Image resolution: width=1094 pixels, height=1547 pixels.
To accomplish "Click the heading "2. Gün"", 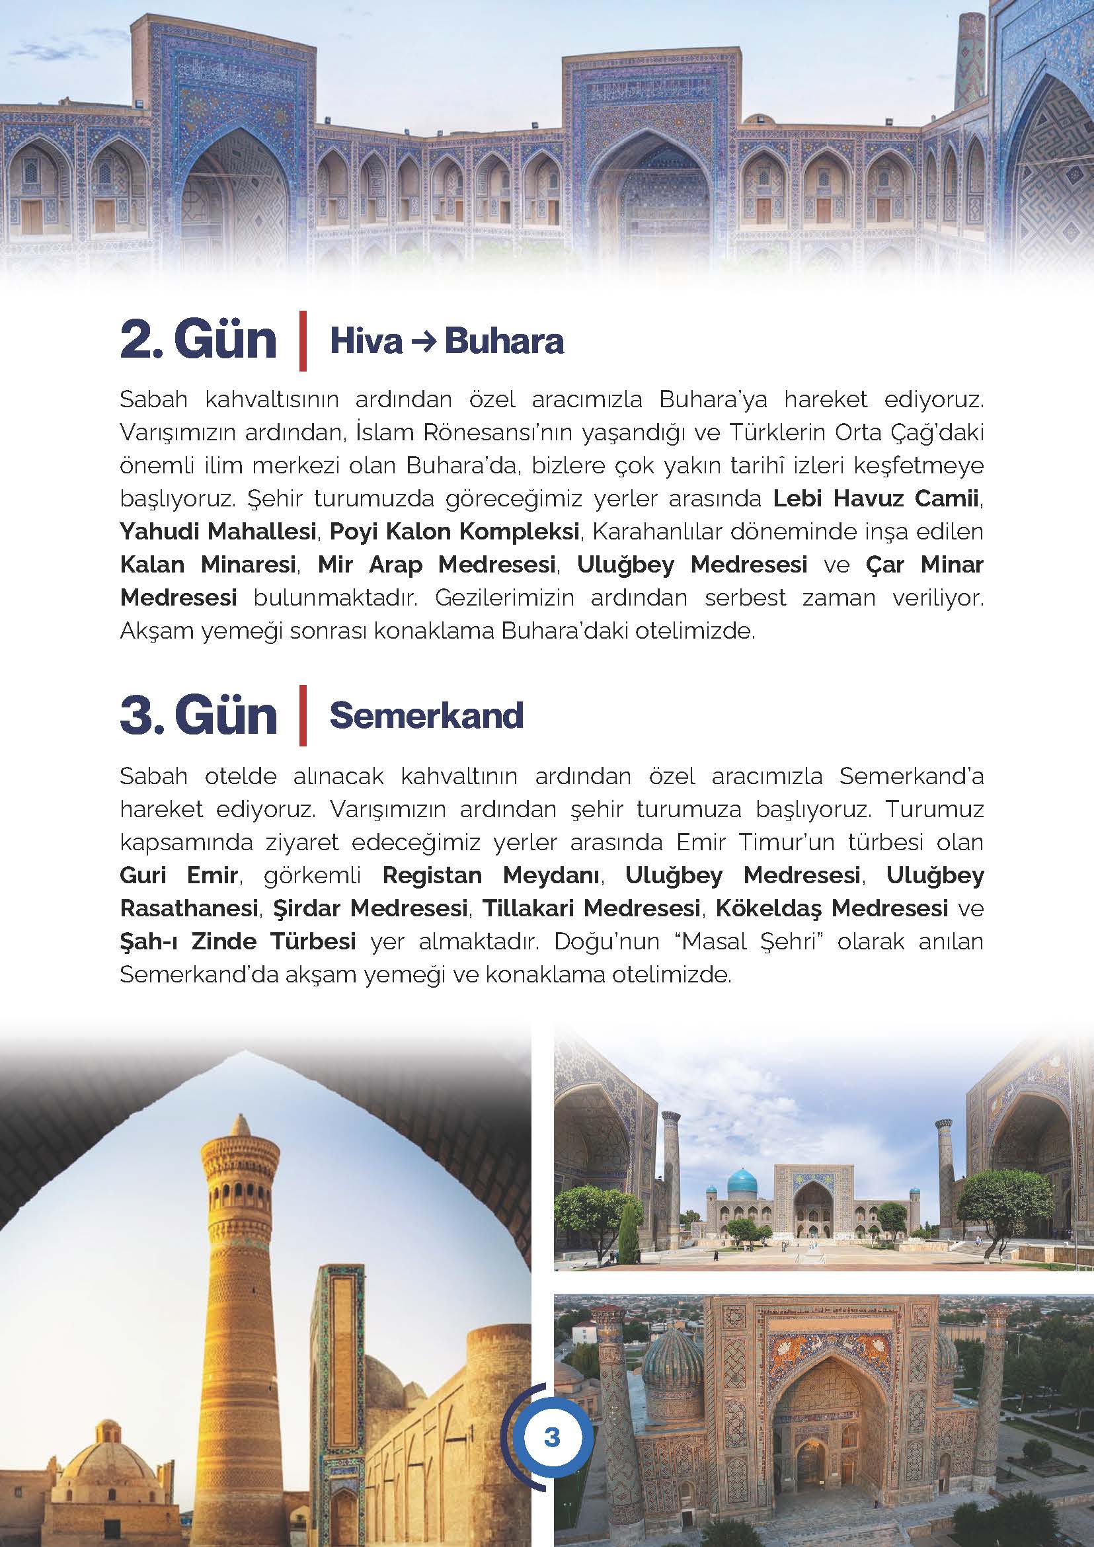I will pyautogui.click(x=198, y=341).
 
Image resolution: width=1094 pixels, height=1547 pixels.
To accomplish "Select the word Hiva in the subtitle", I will pyautogui.click(x=365, y=342).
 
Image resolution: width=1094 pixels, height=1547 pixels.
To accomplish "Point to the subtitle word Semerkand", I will pyautogui.click(x=426, y=715).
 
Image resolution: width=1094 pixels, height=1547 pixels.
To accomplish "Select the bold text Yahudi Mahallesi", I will pyautogui.click(x=218, y=532).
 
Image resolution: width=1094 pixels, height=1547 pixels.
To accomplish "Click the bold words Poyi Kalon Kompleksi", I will pyautogui.click(x=455, y=532).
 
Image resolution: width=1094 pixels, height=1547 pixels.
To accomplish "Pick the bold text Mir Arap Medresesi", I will pyautogui.click(x=436, y=565).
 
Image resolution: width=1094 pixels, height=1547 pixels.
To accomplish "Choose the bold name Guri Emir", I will pyautogui.click(x=178, y=876).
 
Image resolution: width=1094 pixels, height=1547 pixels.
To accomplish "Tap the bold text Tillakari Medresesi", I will pyautogui.click(x=592, y=909).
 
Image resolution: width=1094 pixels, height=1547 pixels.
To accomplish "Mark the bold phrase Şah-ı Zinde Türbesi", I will pyautogui.click(x=238, y=941).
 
